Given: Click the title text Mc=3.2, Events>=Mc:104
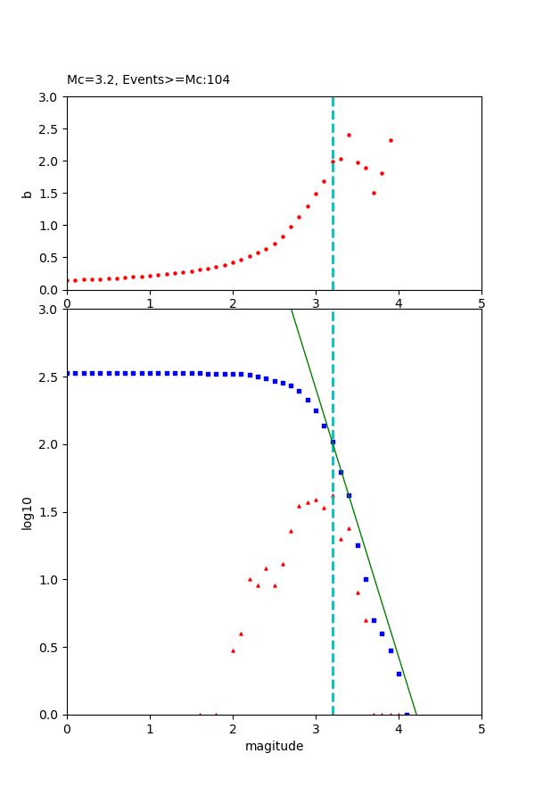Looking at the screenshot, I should pos(148,80).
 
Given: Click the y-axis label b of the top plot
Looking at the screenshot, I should pos(28,194).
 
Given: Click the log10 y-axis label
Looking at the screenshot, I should pos(28,513).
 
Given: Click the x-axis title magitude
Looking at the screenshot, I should pos(274,746).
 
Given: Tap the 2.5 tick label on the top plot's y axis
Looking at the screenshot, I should pos(49,129).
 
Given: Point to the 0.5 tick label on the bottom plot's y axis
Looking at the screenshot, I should pos(49,647).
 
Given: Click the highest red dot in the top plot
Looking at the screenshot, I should pos(349,136).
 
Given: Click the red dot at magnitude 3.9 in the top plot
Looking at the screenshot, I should pos(391,140).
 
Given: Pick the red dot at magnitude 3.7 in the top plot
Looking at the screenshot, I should pos(374,193).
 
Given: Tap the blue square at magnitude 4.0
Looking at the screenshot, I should pos(399,674).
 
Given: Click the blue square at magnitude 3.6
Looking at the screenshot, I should pos(366,579).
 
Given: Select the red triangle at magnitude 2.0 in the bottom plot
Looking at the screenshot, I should pos(233,650).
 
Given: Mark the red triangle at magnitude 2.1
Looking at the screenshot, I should pos(241,633).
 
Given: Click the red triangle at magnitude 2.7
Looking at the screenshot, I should pos(291,531).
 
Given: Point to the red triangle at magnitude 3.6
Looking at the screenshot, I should pos(366,620).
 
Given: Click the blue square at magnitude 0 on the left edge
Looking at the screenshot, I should pos(68,373).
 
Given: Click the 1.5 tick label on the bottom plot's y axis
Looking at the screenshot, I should pos(49,512).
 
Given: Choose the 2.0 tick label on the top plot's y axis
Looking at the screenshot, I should pos(49,161).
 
